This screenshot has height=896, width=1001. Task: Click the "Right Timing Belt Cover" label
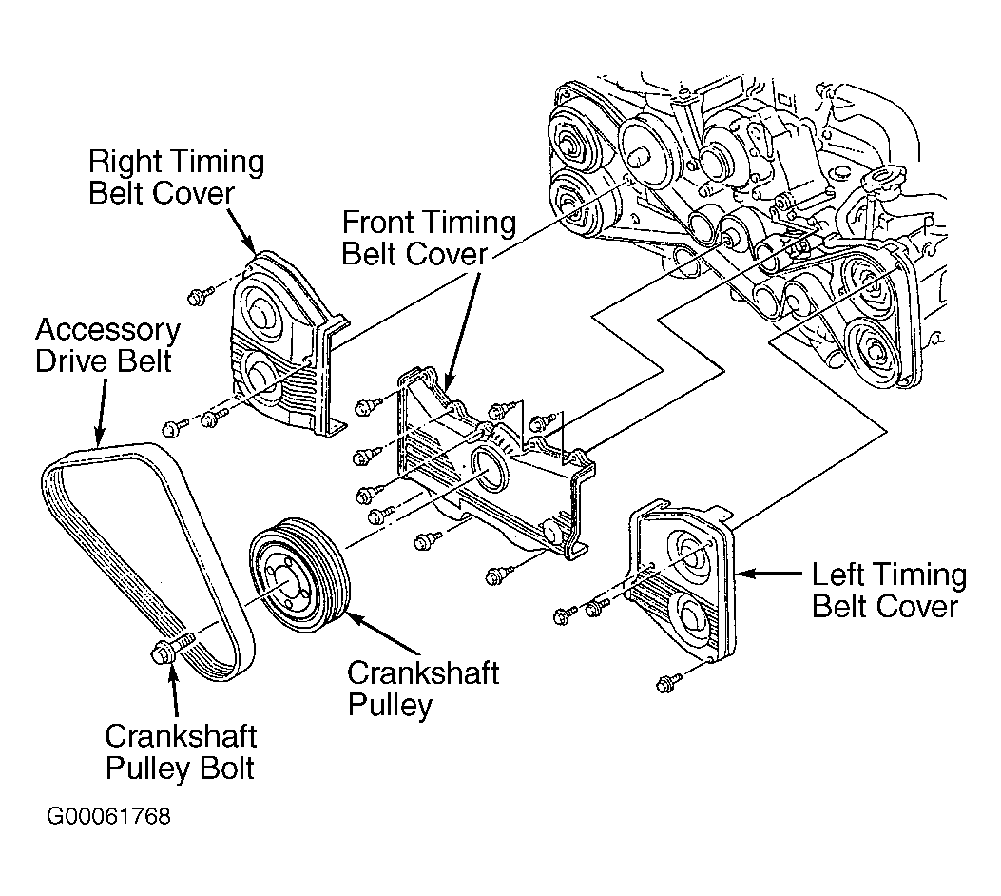pos(176,177)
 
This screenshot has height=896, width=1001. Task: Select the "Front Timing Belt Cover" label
pos(429,238)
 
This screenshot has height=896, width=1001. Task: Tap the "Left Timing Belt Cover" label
pos(889,591)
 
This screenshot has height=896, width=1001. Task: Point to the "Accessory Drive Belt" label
pos(107,345)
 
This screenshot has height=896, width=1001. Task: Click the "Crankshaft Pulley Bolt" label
pos(181,752)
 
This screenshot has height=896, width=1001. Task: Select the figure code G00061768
pos(109,817)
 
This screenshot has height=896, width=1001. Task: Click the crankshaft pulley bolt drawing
pos(170,648)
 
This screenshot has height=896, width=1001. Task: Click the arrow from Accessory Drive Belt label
pos(101,411)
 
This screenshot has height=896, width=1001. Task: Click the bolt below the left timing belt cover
pos(667,684)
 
